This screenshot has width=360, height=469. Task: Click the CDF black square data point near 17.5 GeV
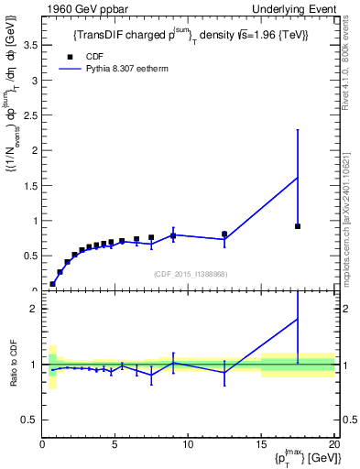[x=298, y=226]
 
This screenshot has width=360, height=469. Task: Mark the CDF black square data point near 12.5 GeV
[x=224, y=234]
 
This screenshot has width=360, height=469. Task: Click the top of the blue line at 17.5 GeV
[x=298, y=177]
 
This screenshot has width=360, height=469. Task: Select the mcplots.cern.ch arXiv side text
[x=352, y=220]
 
